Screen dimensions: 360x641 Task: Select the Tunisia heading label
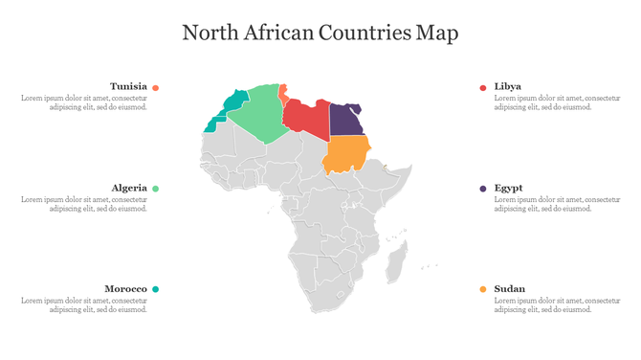pos(128,86)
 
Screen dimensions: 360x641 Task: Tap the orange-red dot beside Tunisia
pos(156,87)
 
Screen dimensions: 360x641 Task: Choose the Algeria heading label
pos(129,188)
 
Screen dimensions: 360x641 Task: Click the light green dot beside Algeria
pos(156,189)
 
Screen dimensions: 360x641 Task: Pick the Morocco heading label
pos(125,288)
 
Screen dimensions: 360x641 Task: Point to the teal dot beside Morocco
pos(156,289)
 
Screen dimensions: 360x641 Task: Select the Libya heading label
pos(507,86)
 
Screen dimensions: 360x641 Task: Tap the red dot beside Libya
pos(483,87)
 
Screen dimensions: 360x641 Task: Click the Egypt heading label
pos(508,188)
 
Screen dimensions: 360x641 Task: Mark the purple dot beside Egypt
pos(483,189)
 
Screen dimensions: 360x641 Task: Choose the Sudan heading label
pos(509,288)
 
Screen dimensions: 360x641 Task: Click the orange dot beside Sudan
pos(483,289)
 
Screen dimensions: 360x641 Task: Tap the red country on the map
pos(308,121)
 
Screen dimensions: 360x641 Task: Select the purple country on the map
pos(345,120)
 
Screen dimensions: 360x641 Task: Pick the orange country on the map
pos(346,154)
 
